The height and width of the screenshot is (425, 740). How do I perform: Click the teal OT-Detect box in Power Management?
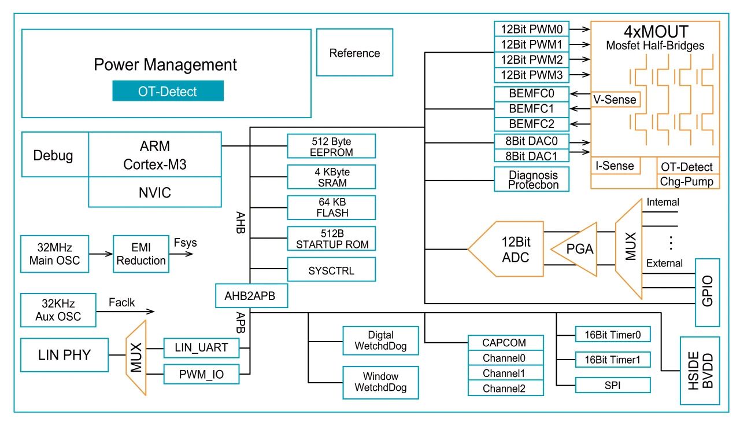tap(168, 91)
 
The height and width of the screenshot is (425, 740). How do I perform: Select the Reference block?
tap(354, 53)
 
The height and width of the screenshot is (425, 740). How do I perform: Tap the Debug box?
tap(54, 155)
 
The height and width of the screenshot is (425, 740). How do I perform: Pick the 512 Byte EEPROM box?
tap(331, 147)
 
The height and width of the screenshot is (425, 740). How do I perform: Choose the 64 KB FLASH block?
tap(331, 207)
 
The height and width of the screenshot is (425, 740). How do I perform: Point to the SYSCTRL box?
tap(331, 270)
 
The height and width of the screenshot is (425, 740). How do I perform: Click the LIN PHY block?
tap(64, 354)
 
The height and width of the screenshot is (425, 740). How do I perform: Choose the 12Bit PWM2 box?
tap(532, 60)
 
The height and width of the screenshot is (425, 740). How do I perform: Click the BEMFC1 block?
tap(532, 109)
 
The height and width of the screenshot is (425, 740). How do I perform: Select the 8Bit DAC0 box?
tap(532, 140)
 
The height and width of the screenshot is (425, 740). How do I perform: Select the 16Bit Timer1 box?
tap(613, 360)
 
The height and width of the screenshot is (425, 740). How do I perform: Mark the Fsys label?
tap(185, 242)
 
